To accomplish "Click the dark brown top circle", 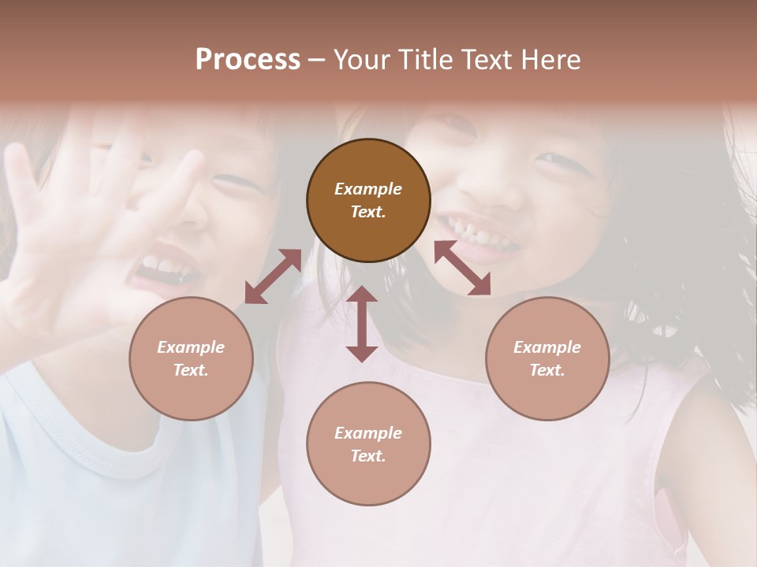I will click(x=368, y=200).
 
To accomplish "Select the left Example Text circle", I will click(x=191, y=358).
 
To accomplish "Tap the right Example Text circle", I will click(x=547, y=358).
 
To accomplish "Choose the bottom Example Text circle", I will click(x=368, y=444).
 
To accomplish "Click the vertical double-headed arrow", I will click(x=362, y=324).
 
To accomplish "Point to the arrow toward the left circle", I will click(x=273, y=276).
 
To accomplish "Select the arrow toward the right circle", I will click(x=462, y=268).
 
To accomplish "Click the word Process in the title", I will click(x=248, y=59).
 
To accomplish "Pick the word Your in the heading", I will click(x=358, y=59).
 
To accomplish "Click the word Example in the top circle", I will click(x=368, y=189).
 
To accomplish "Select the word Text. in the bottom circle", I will click(x=368, y=456).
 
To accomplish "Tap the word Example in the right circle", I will click(x=547, y=347).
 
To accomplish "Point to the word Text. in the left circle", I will click(x=191, y=370).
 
